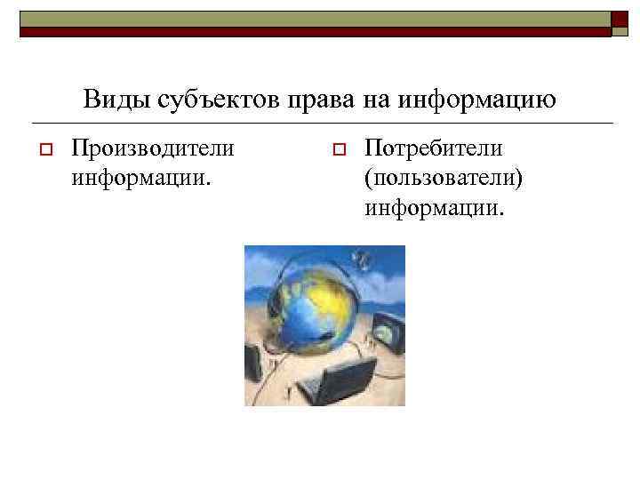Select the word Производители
153,147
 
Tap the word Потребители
434,147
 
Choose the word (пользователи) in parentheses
443,179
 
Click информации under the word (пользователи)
434,210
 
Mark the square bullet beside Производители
41,148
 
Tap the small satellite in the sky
361,260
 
